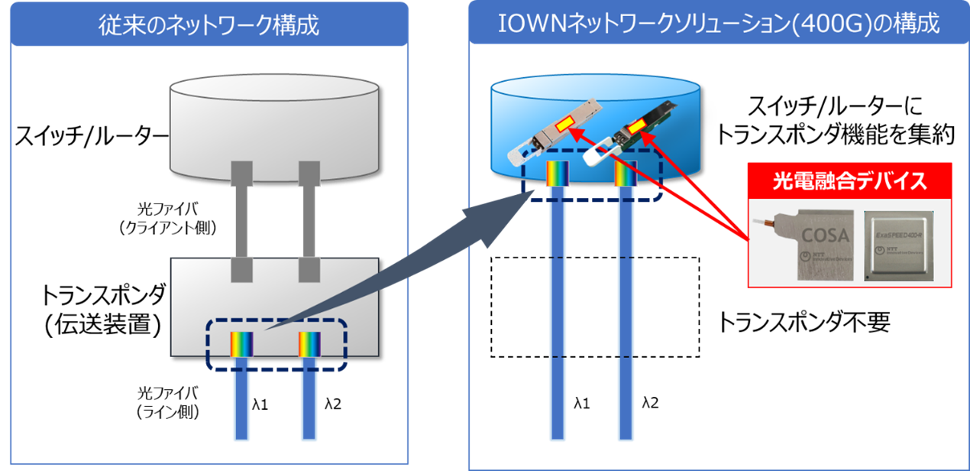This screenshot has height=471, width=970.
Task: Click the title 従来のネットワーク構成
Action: coord(209,25)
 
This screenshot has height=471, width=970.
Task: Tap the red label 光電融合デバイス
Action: coord(849,181)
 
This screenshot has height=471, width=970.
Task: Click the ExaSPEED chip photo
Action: coord(907,244)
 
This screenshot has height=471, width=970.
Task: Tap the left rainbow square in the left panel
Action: coord(242,345)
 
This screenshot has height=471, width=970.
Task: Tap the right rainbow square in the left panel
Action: coord(309,345)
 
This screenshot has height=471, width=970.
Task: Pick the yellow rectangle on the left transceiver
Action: coord(566,122)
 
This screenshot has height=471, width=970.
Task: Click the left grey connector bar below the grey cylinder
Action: coord(241,222)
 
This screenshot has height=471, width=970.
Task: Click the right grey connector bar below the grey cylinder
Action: coord(309,222)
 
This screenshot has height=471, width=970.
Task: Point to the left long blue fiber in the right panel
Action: coord(558,321)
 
